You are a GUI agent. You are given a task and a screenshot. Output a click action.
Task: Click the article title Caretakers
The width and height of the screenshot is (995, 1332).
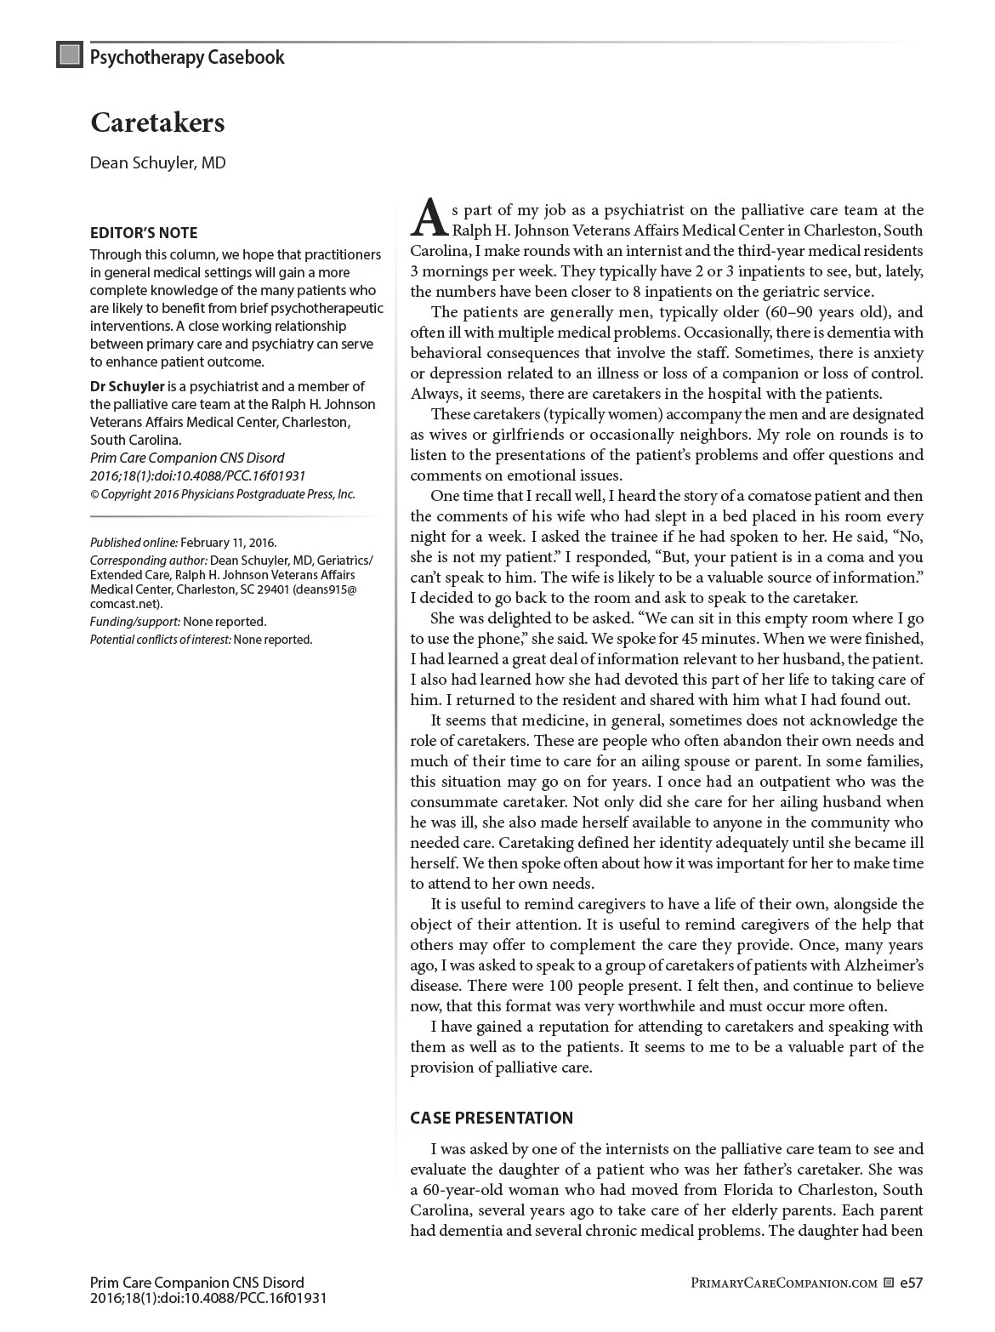click(157, 123)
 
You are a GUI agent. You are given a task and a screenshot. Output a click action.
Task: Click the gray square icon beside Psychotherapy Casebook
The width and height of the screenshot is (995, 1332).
click(69, 56)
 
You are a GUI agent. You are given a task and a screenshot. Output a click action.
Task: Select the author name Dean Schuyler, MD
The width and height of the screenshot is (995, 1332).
click(158, 162)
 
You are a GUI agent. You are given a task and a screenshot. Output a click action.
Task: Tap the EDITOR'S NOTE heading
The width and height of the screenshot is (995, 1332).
click(144, 233)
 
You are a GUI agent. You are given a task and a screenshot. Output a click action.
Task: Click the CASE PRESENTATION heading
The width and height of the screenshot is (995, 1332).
click(492, 1118)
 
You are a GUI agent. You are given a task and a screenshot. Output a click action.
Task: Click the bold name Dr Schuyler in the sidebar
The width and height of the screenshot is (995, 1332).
click(128, 386)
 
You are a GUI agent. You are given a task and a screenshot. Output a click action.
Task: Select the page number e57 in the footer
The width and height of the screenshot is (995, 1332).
click(911, 1284)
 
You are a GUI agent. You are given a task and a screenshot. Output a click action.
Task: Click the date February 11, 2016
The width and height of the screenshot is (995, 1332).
click(228, 543)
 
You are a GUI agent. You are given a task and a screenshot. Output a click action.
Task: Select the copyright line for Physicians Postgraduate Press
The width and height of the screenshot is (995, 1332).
click(223, 494)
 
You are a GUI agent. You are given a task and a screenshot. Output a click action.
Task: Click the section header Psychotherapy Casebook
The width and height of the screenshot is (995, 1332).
click(187, 58)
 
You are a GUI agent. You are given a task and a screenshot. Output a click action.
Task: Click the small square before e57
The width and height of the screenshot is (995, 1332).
click(889, 1284)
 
